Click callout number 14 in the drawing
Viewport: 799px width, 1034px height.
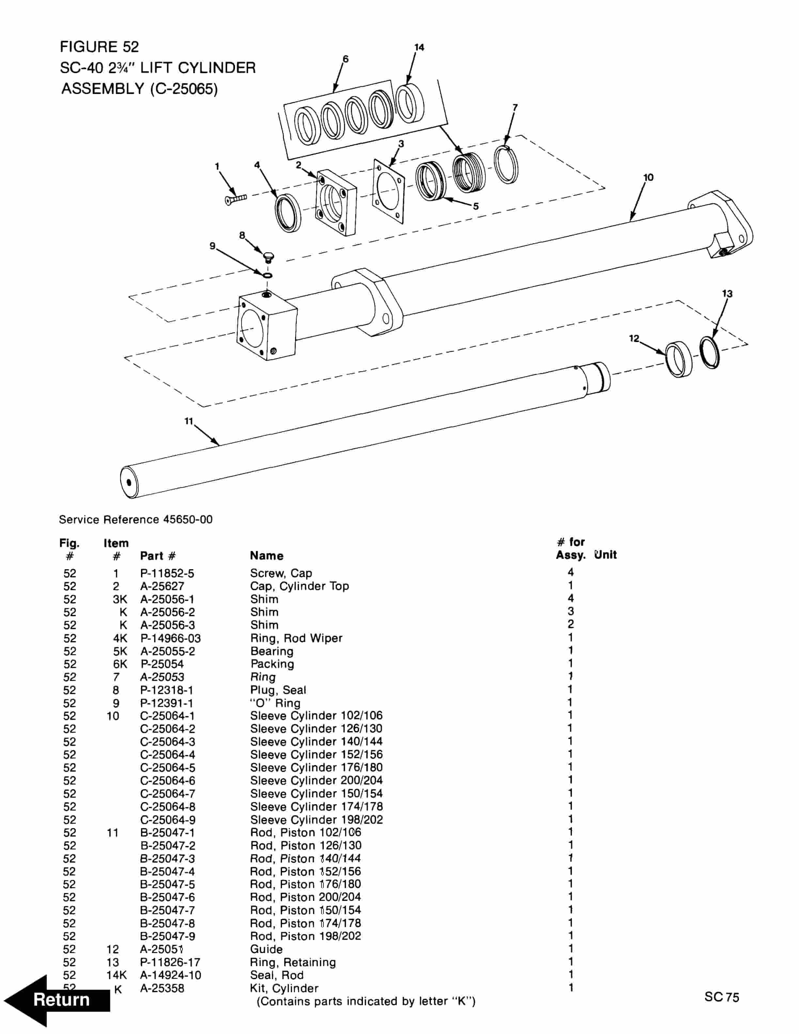point(419,47)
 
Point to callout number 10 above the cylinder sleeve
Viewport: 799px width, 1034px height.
point(648,178)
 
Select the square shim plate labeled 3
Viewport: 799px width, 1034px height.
point(389,191)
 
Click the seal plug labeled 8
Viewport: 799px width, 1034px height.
point(268,258)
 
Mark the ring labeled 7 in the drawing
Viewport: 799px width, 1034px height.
point(506,165)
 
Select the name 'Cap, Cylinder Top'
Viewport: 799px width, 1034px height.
point(299,586)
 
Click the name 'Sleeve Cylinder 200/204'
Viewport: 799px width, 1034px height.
point(316,781)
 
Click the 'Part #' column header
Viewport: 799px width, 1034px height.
point(158,556)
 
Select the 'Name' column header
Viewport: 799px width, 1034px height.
point(266,556)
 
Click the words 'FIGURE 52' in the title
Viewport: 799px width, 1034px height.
point(100,47)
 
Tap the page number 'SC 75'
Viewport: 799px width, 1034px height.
point(721,997)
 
